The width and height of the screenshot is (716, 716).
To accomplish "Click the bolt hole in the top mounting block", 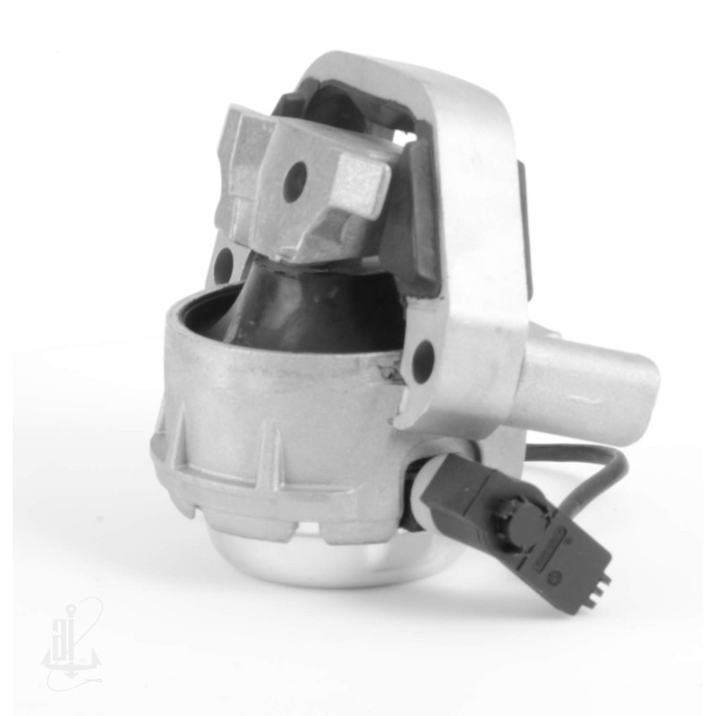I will point(293,183).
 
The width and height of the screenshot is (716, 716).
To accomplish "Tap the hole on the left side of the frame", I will point(224,262).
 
